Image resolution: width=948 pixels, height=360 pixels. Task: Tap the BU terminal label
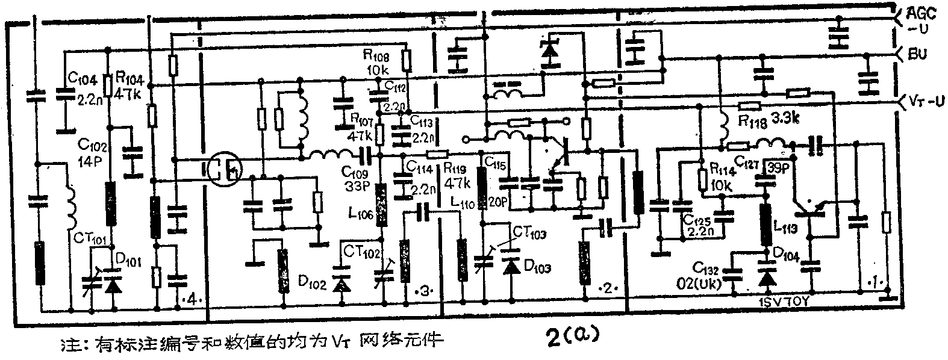pos(917,55)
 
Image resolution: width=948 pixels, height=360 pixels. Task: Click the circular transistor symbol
pos(223,170)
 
